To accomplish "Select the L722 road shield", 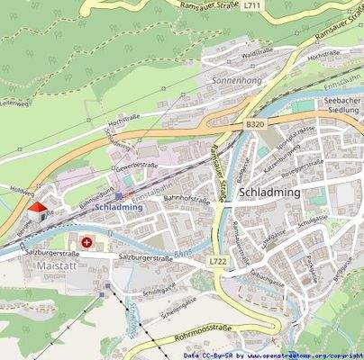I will click(217, 261).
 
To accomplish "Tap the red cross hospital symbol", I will click(87, 242).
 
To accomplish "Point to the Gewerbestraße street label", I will click(136, 166).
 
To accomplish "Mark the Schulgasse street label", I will click(310, 220).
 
